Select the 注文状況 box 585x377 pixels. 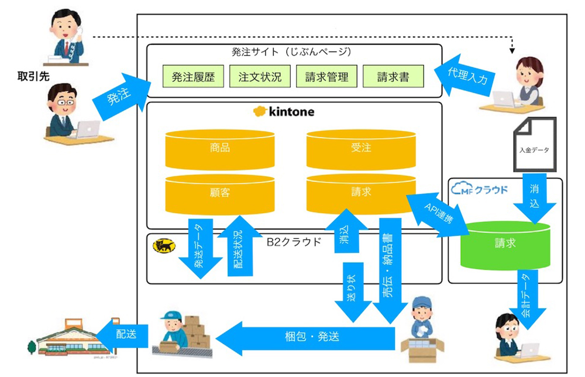coord(260,77)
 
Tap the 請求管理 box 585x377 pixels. coord(326,77)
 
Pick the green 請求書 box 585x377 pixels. coord(393,77)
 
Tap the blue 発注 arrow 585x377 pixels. coord(119,96)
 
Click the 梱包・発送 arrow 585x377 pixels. coord(310,337)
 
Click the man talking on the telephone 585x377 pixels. coord(66,36)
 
